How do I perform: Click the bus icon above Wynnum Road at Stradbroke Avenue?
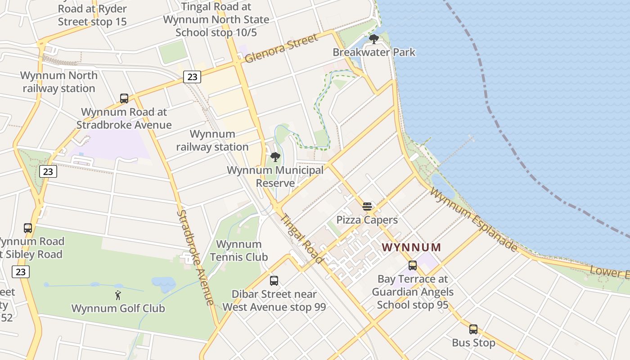(x=124, y=98)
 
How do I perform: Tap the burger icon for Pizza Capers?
(x=367, y=207)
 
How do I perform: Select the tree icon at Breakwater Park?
(x=373, y=39)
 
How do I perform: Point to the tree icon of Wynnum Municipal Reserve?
(x=275, y=157)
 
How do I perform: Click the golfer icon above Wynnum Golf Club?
(x=118, y=295)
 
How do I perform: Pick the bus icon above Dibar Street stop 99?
(x=274, y=281)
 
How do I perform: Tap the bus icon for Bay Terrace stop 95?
(x=412, y=265)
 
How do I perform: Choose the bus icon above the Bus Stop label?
(x=473, y=329)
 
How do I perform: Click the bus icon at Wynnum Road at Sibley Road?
(x=28, y=228)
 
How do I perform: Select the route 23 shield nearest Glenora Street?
(x=192, y=77)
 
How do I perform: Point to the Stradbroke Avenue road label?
(x=194, y=257)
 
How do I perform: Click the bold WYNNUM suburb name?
(x=411, y=247)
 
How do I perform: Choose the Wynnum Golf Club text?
(x=118, y=308)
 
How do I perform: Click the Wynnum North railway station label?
(x=59, y=81)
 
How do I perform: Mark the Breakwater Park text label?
(x=374, y=52)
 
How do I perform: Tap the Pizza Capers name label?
(x=367, y=220)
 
